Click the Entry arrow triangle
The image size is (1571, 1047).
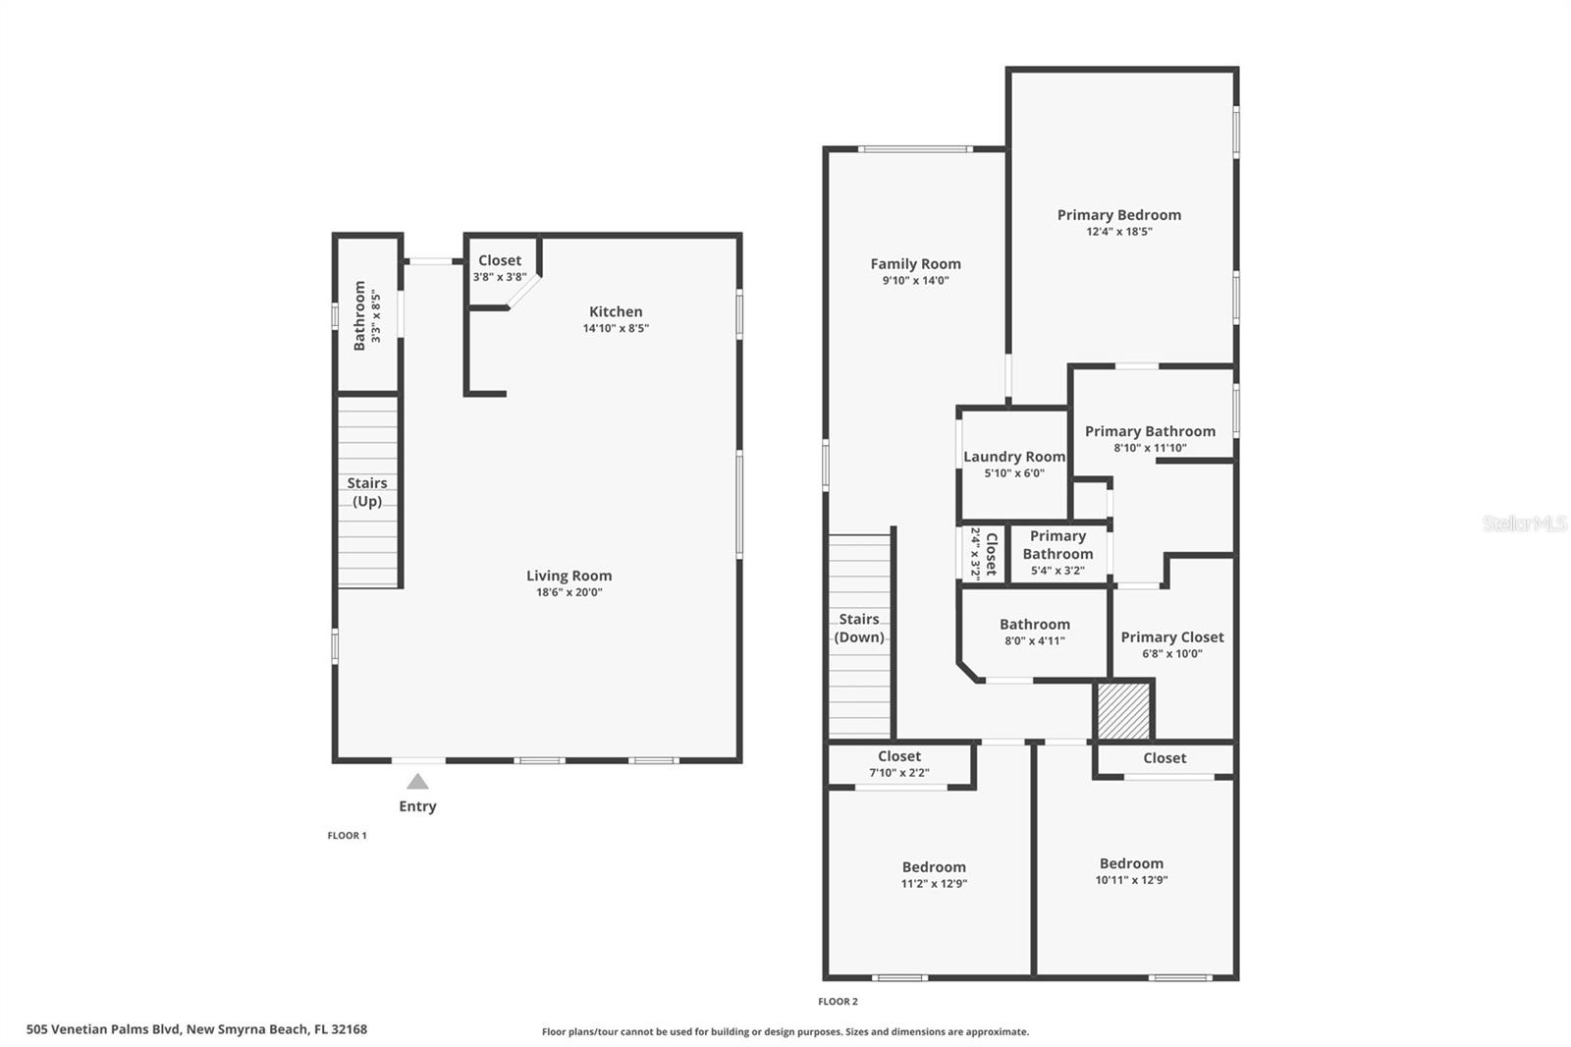[417, 782]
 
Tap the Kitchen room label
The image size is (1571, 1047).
[616, 311]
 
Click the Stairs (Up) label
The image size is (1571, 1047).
[367, 492]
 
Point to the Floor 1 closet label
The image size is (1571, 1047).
[500, 260]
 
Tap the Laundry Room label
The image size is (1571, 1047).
[1014, 457]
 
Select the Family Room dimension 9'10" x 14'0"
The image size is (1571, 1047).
[915, 280]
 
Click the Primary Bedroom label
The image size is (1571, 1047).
[1118, 215]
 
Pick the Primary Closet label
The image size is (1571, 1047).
[1172, 637]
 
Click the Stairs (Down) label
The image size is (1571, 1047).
[859, 629]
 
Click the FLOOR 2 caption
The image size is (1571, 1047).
[838, 1002]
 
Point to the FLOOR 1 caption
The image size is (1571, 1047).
[347, 836]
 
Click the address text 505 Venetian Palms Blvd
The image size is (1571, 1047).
[196, 1029]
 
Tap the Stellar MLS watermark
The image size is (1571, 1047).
[1524, 524]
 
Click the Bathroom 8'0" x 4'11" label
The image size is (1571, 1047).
[1035, 625]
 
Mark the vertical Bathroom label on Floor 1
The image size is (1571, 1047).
[359, 315]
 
